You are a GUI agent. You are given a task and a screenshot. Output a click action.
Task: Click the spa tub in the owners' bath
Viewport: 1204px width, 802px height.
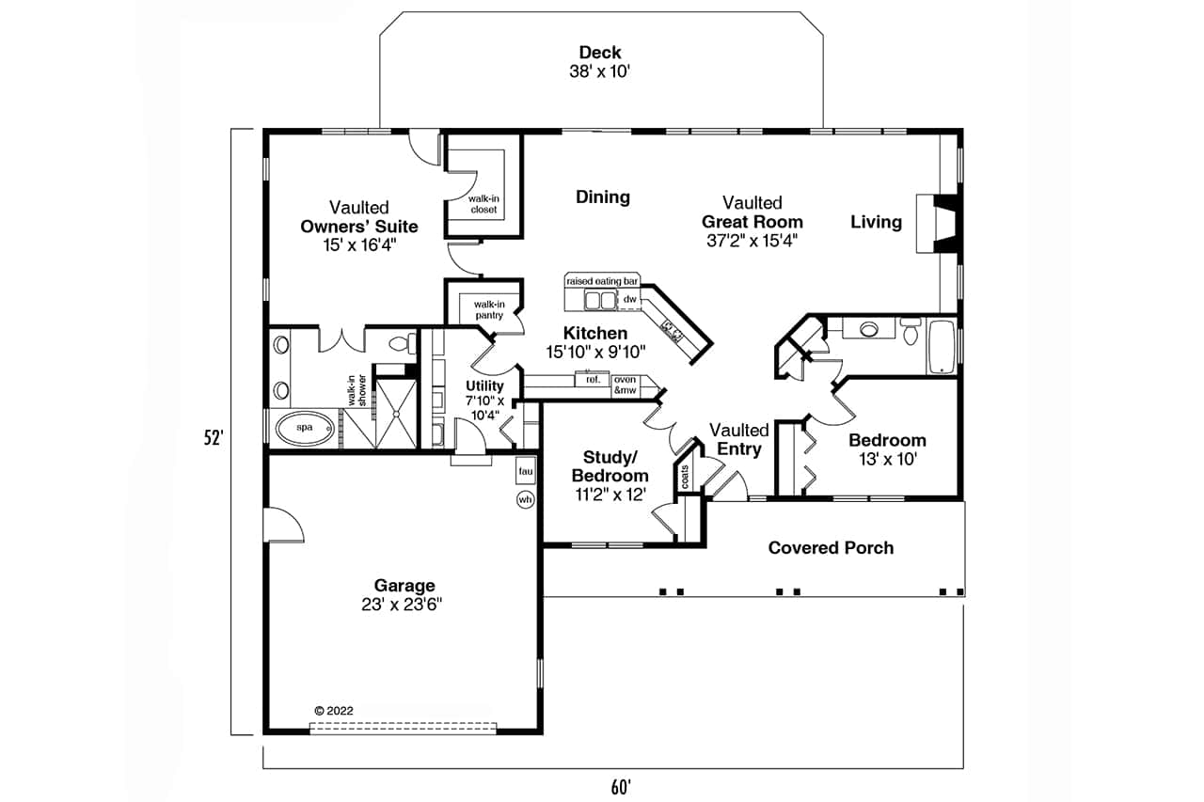305,428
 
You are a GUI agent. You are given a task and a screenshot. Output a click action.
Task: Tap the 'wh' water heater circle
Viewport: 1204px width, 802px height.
525,500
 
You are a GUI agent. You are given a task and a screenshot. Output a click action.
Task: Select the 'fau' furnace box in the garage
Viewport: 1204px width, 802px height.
525,471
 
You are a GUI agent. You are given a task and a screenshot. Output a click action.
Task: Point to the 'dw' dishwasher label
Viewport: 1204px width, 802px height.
629,299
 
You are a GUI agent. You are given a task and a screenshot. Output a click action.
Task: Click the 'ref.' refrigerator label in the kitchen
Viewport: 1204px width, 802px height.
593,379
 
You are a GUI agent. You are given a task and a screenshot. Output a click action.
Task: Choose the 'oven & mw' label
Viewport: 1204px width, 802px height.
626,385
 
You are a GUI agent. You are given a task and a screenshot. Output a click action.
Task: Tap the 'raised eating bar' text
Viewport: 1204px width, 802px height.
602,281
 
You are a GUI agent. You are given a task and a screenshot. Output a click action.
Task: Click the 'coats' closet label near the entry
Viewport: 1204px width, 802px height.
685,477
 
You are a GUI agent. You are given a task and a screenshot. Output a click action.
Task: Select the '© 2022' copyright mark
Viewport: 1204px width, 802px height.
334,711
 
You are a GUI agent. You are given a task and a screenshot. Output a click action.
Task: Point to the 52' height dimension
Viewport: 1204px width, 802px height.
214,438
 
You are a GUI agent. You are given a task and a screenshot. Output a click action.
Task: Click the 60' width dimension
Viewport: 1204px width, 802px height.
621,788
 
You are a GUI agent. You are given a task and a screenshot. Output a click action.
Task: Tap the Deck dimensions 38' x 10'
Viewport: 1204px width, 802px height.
599,71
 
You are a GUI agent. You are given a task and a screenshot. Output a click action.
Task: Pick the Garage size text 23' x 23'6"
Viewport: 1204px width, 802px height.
402,605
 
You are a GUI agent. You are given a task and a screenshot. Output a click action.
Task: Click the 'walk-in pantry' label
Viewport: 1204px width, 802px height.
489,310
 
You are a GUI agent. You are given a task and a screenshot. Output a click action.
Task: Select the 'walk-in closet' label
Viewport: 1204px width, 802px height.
483,204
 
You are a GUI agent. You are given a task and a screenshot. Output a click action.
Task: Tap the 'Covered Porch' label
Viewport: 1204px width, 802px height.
831,548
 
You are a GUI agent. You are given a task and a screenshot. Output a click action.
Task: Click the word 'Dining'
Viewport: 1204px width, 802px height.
603,197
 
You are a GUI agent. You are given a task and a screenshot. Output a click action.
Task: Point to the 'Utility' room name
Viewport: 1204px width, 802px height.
484,385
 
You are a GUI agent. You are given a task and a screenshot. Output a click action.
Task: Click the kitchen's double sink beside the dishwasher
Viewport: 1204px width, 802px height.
600,300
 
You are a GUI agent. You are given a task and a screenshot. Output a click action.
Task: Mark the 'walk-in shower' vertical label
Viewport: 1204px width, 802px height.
356,390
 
